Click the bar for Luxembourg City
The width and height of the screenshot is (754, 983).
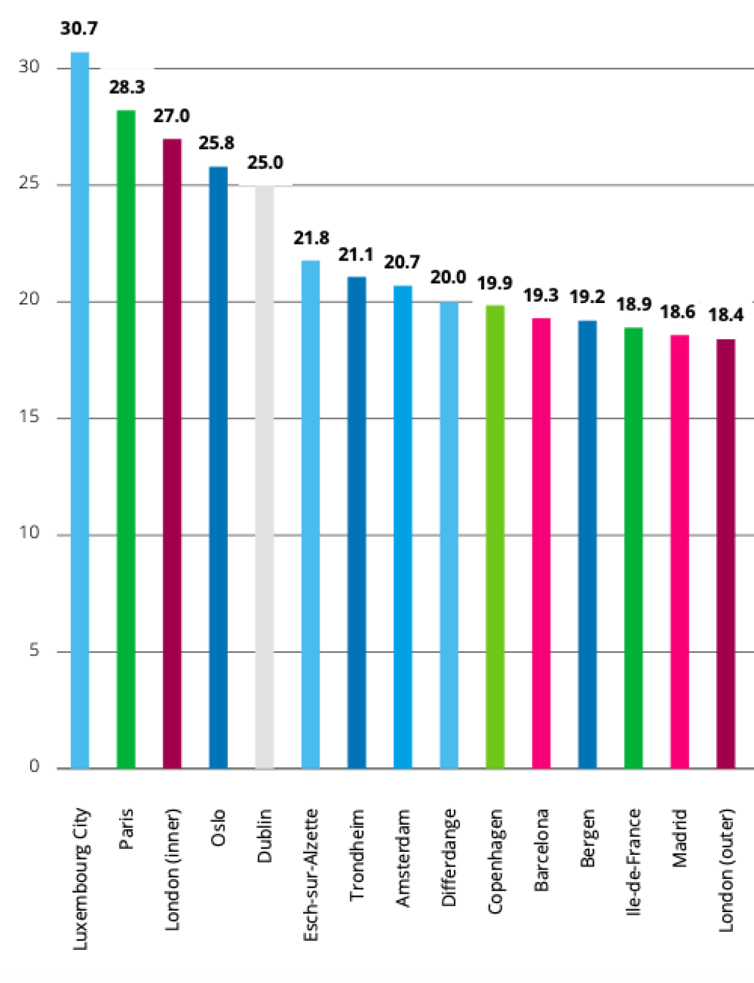coord(80,410)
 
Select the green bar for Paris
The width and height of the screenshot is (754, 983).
coord(126,439)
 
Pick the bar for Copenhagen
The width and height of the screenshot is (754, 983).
coord(495,536)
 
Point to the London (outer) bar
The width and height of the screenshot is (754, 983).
coord(726,554)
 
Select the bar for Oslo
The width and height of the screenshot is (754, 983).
coord(218,467)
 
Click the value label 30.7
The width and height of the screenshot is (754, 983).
coord(79,28)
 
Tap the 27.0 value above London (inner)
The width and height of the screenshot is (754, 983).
coord(171,116)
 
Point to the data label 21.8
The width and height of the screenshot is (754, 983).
coord(311,238)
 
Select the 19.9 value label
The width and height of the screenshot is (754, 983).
coord(495,283)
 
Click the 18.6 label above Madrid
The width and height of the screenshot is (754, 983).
coord(678,312)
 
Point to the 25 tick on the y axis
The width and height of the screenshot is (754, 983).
coord(29,184)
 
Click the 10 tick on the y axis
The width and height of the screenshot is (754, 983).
coord(29,533)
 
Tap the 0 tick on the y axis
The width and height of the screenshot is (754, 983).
coord(34,766)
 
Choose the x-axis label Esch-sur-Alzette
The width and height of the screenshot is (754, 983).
coord(311,875)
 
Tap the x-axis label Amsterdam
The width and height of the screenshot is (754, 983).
coord(403,858)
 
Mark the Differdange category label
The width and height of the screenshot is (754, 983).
coord(449,857)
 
